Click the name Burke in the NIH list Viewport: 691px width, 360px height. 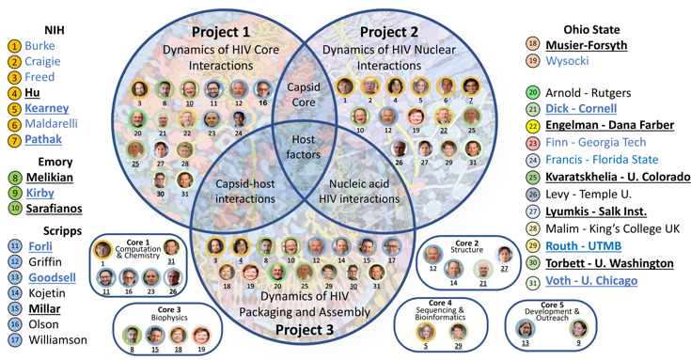(39, 46)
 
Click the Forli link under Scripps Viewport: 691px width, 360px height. (40, 247)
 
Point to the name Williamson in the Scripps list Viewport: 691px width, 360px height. (57, 339)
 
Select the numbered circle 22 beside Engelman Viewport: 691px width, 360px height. (533, 126)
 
